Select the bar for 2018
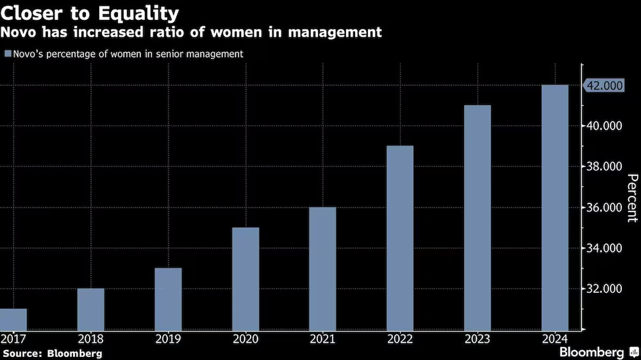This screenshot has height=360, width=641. [91, 309]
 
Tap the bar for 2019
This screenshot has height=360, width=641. [168, 299]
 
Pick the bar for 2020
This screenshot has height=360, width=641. [246, 279]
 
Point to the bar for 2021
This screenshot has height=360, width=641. [323, 269]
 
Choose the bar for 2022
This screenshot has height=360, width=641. [400, 238]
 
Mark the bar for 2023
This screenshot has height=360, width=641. [478, 218]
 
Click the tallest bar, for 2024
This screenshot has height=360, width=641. [555, 208]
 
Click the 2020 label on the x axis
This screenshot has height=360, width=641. [246, 339]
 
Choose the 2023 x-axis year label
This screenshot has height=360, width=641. [478, 339]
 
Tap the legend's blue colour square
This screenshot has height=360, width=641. [7, 54]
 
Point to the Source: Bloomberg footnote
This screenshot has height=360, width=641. [52, 353]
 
